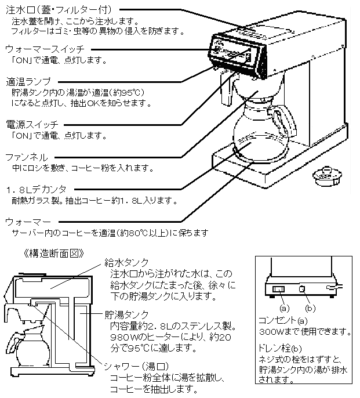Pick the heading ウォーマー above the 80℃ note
27,222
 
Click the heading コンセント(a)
281,321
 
